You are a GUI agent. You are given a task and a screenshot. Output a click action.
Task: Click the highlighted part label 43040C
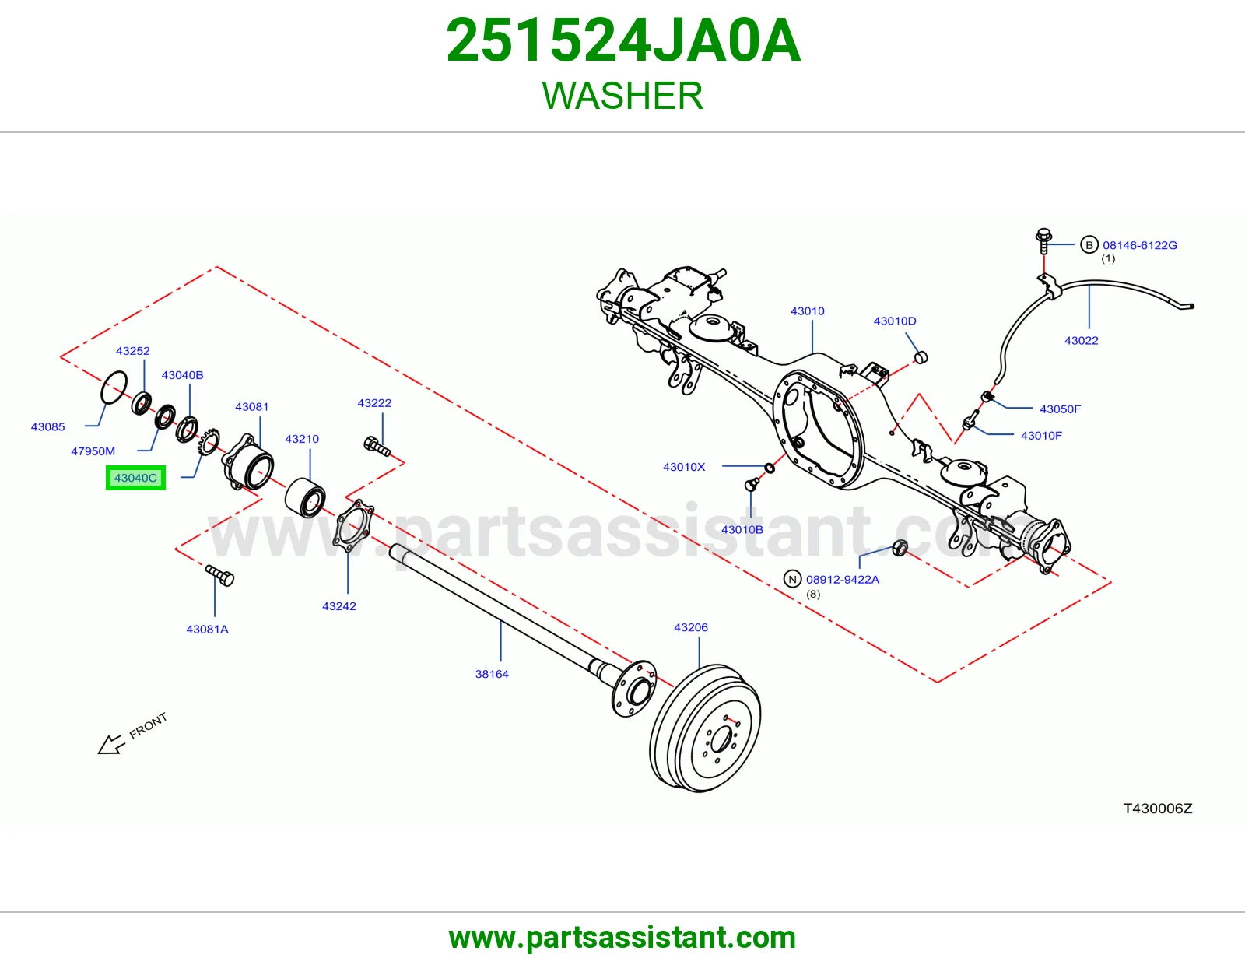tap(135, 478)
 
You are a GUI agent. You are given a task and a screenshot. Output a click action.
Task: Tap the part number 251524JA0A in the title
tap(623, 40)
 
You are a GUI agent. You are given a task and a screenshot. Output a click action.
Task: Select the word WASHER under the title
tap(622, 96)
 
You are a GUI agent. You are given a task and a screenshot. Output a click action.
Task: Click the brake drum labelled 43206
tap(705, 728)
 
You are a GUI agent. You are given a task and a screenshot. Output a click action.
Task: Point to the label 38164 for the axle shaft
tap(492, 674)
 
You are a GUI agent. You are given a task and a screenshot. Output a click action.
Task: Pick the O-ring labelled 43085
tap(114, 388)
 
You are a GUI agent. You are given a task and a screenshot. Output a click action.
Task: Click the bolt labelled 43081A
tap(220, 575)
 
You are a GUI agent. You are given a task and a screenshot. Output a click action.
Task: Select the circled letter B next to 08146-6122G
tap(1089, 244)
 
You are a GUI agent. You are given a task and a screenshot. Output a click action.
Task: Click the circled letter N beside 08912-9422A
tap(792, 579)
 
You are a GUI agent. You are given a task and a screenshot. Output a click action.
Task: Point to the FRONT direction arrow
tap(110, 744)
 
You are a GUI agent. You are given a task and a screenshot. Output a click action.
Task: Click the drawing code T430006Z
tap(1157, 808)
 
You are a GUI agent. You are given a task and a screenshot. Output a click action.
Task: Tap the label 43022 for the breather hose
tap(1081, 340)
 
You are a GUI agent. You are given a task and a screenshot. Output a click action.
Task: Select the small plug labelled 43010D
tap(921, 357)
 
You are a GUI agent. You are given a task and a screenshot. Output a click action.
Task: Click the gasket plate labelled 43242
tap(353, 525)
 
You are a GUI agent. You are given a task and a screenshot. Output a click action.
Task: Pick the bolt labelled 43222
tap(377, 447)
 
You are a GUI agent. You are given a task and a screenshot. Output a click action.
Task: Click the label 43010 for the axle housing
tap(807, 311)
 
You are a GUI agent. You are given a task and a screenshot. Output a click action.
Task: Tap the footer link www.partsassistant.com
tap(622, 938)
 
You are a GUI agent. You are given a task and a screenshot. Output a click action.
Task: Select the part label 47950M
tap(93, 451)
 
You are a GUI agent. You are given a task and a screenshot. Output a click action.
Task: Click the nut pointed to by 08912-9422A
tap(900, 548)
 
